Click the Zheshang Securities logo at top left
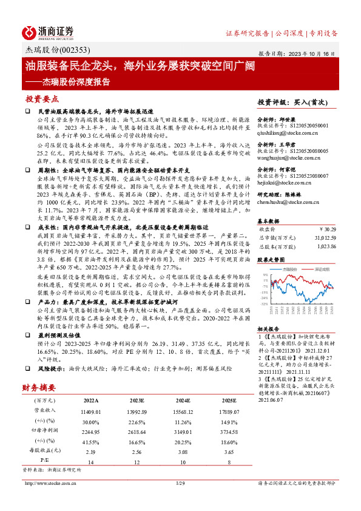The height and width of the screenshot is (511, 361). click(x=48, y=32)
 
